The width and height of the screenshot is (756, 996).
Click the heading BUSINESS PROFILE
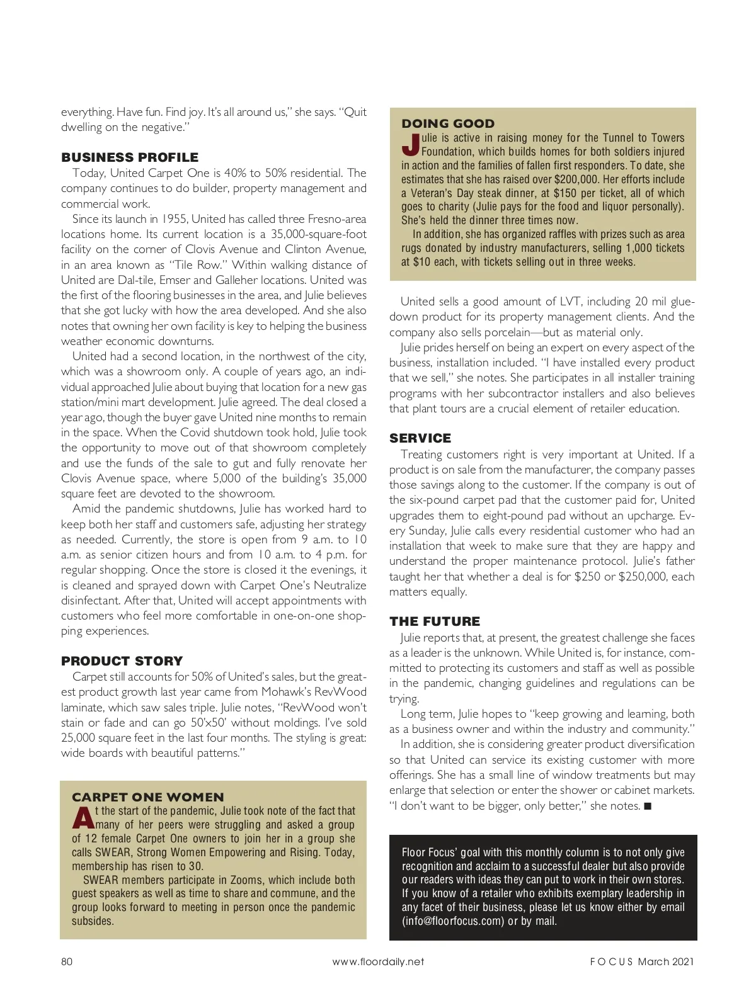(130, 157)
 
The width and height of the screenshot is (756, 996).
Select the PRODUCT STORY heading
(122, 661)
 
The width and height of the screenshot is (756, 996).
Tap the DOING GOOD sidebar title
(448, 123)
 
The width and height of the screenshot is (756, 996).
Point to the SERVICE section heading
(420, 438)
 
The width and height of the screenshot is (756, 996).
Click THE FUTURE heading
(435, 621)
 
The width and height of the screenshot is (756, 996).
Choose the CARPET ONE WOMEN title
(148, 797)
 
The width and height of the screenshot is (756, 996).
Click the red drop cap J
(410, 144)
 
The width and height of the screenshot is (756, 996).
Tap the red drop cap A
(82, 817)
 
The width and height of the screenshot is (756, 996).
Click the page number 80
(67, 961)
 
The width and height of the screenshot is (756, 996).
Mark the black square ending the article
(647, 806)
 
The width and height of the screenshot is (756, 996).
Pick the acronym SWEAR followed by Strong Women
(112, 852)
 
